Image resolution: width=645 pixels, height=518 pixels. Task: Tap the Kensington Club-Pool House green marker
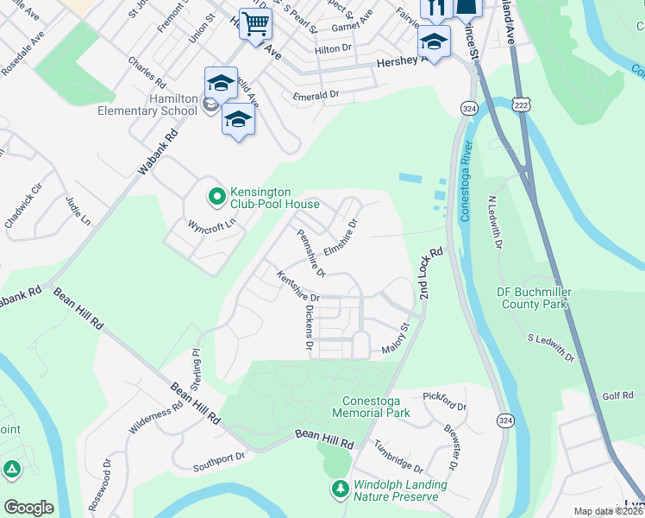tap(216, 198)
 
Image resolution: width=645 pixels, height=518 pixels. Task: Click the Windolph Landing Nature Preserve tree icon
tap(341, 490)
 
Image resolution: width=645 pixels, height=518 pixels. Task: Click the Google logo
tap(28, 507)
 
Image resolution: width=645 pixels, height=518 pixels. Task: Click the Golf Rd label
tap(617, 395)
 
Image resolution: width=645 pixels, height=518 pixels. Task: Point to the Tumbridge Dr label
tap(398, 456)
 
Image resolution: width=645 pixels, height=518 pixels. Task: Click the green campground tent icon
tap(12, 471)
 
